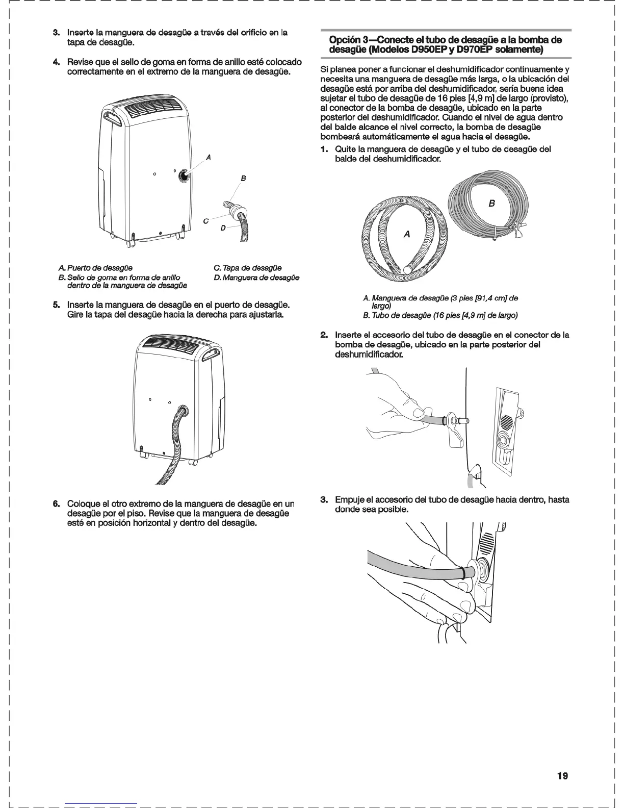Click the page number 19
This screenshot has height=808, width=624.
562,776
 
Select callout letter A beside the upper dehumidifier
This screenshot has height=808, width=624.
207,157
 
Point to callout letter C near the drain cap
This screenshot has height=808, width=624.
205,221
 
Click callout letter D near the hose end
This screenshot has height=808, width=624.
223,228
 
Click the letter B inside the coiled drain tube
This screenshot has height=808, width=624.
491,204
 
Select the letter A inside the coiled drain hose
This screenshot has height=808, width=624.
406,234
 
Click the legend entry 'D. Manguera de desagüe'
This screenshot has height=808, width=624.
256,277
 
